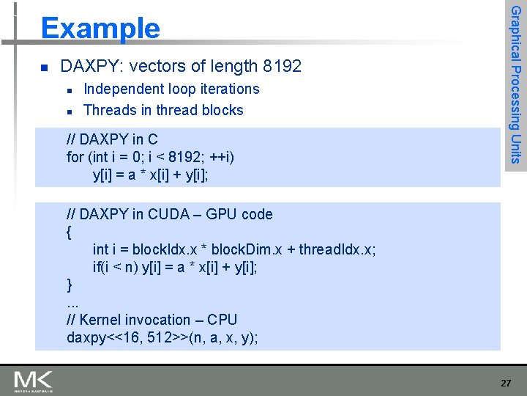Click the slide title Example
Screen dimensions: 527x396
pos(100,29)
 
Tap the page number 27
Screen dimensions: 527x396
pos(506,383)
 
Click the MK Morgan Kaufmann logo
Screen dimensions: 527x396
pos(33,381)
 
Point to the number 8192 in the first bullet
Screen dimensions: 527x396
pos(282,67)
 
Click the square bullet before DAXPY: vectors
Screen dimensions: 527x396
pos(44,67)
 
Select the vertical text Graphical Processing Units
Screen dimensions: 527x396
pos(515,84)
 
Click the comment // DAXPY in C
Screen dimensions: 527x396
pos(112,139)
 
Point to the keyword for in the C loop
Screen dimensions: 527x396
pos(75,157)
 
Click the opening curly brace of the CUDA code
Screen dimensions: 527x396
pos(69,232)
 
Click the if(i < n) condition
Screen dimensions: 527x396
pos(118,267)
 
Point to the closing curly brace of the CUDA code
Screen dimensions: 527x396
pos(69,284)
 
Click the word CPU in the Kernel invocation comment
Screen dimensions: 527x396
pos(223,320)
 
